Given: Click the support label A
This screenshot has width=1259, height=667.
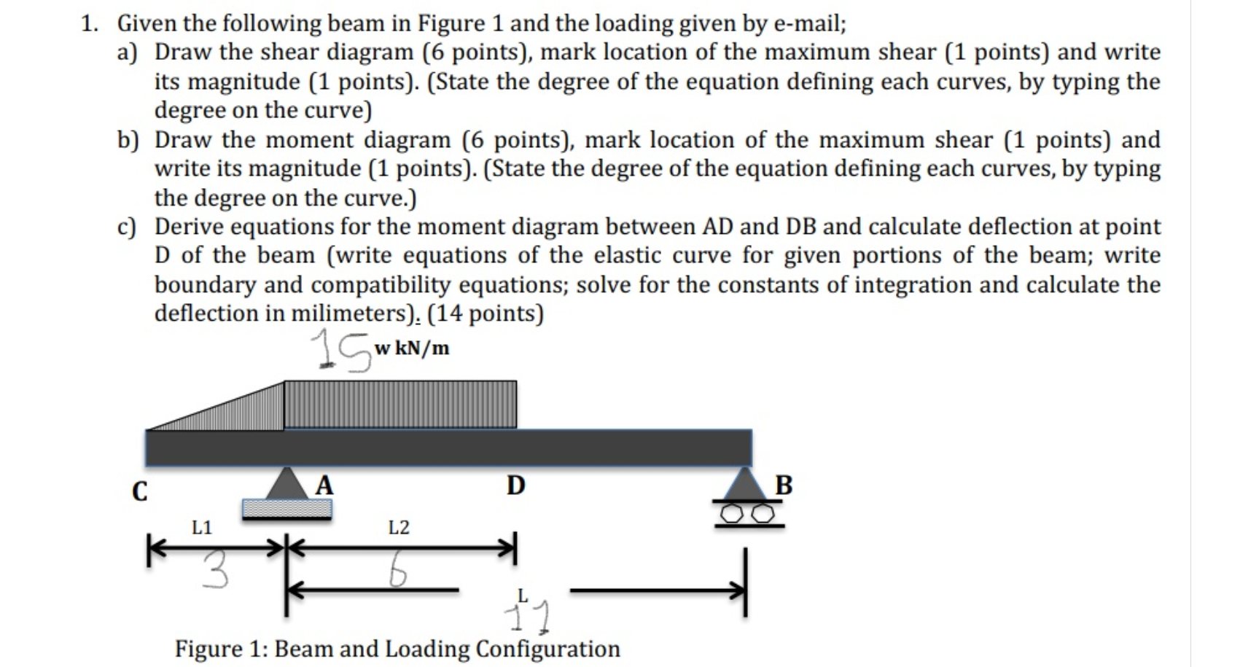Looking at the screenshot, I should (x=324, y=485).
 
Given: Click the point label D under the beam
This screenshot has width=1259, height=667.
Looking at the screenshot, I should (x=515, y=485).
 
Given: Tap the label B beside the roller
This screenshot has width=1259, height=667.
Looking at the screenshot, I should (x=784, y=485).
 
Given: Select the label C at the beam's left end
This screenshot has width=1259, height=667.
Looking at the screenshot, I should (x=139, y=491).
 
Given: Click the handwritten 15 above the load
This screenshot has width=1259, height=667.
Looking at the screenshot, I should (x=340, y=351).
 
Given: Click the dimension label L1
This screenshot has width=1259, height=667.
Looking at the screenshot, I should (x=202, y=527).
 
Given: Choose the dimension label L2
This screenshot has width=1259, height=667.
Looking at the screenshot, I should (x=399, y=527).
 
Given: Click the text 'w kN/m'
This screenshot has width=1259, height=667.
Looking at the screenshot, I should (x=412, y=348).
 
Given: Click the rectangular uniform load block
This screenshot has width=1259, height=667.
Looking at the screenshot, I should (x=400, y=404).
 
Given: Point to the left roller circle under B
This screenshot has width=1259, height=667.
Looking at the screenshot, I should (x=730, y=515).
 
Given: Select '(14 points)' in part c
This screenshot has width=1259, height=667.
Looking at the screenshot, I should (x=486, y=313).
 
